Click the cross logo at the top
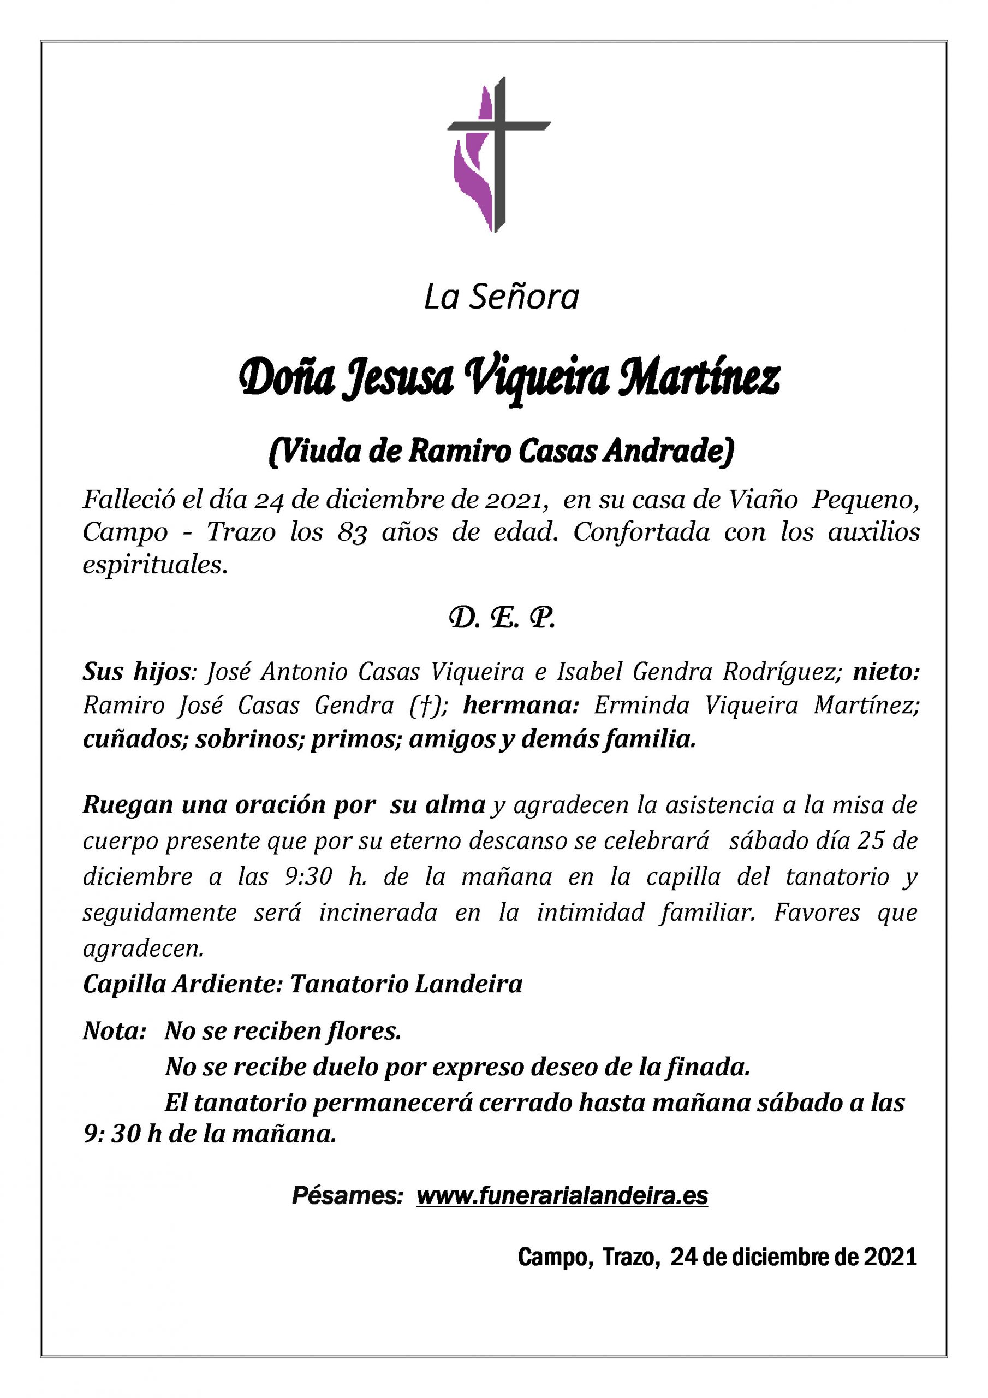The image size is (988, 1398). tap(498, 154)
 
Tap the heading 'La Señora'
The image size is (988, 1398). tap(501, 298)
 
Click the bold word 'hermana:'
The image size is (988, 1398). tap(521, 705)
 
